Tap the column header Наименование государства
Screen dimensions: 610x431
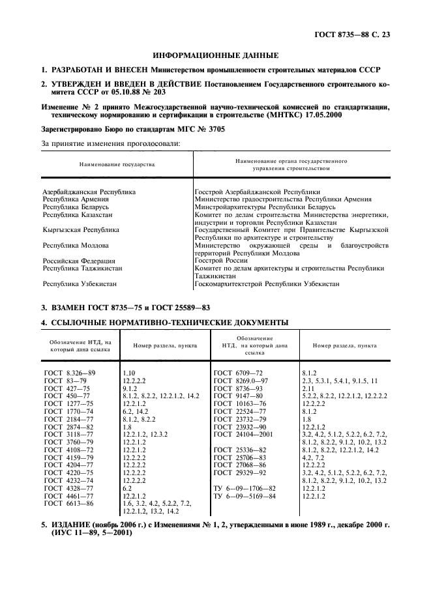pyautogui.click(x=117, y=165)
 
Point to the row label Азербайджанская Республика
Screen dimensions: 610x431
pyautogui.click(x=89, y=192)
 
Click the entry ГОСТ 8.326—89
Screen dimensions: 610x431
pyautogui.click(x=70, y=371)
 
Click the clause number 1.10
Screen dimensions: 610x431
pyautogui.click(x=128, y=371)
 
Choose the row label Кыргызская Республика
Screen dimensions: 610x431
pyautogui.click(x=81, y=230)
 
